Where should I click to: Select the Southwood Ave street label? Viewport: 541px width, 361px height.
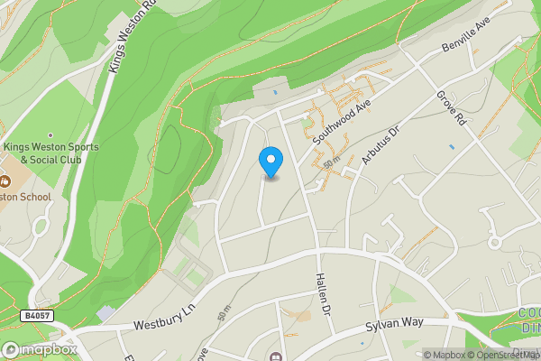pyautogui.click(x=343, y=122)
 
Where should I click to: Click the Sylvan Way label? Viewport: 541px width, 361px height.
pyautogui.click(x=395, y=327)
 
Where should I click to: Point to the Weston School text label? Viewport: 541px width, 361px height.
pyautogui.click(x=27, y=196)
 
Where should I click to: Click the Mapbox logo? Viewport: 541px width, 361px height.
pyautogui.click(x=40, y=349)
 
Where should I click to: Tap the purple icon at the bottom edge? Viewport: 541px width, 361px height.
pyautogui.click(x=279, y=353)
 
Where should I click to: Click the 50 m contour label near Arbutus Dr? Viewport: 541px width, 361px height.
pyautogui.click(x=331, y=162)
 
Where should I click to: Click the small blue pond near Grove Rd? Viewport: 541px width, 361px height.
pyautogui.click(x=451, y=146)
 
